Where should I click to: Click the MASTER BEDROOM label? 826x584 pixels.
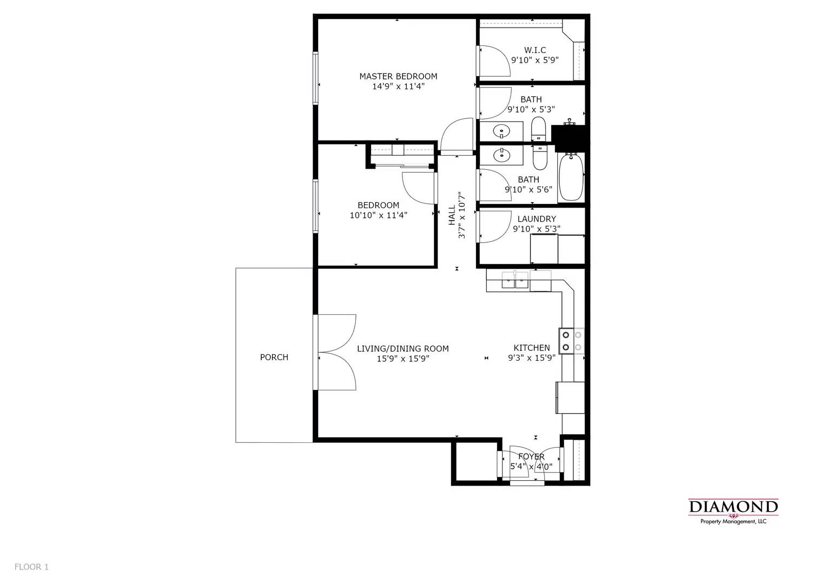pyautogui.click(x=398, y=76)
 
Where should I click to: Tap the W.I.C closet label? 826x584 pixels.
pyautogui.click(x=534, y=50)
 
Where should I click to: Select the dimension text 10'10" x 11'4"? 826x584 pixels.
pyautogui.click(x=378, y=215)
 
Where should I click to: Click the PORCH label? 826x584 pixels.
pyautogui.click(x=274, y=357)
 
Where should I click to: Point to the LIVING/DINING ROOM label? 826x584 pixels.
pyautogui.click(x=402, y=349)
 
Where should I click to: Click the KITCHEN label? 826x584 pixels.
pyautogui.click(x=531, y=348)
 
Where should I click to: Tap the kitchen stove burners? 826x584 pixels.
pyautogui.click(x=572, y=341)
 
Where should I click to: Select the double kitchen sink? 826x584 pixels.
pyautogui.click(x=514, y=280)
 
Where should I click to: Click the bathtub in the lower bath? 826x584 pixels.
pyautogui.click(x=571, y=177)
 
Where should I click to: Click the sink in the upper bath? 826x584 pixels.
pyautogui.click(x=502, y=131)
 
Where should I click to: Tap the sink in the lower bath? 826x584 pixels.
pyautogui.click(x=502, y=155)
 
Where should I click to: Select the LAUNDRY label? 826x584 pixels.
pyautogui.click(x=536, y=219)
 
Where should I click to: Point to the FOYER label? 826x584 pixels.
pyautogui.click(x=531, y=457)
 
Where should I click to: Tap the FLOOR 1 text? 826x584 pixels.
pyautogui.click(x=31, y=567)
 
